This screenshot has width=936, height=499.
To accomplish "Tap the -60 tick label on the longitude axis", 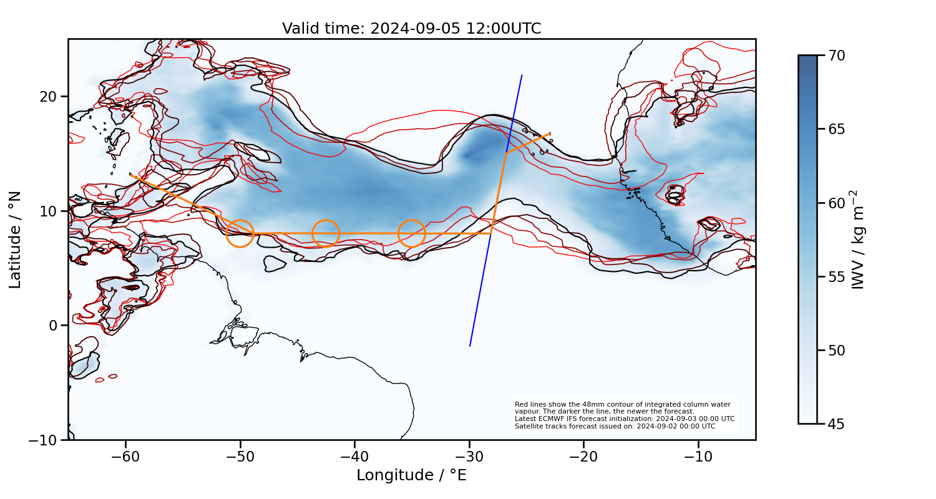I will pyautogui.click(x=125, y=457).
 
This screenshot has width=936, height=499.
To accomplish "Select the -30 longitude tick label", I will pyautogui.click(x=469, y=457).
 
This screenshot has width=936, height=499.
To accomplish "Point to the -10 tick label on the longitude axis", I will pyautogui.click(x=698, y=457).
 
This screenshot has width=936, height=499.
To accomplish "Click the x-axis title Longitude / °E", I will pyautogui.click(x=411, y=475).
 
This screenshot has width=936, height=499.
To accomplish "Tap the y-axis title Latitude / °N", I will pyautogui.click(x=16, y=240).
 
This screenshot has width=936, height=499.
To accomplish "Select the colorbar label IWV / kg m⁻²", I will pyautogui.click(x=860, y=240).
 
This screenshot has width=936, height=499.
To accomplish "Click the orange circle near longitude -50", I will pyautogui.click(x=240, y=233).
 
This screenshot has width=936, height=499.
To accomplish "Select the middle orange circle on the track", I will pyautogui.click(x=326, y=233).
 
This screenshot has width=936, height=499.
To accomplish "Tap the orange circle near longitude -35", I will pyautogui.click(x=412, y=233).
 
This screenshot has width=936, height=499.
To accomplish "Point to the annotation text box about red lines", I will pyautogui.click(x=624, y=415).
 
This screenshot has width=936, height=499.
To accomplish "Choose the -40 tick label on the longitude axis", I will pyautogui.click(x=354, y=457).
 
